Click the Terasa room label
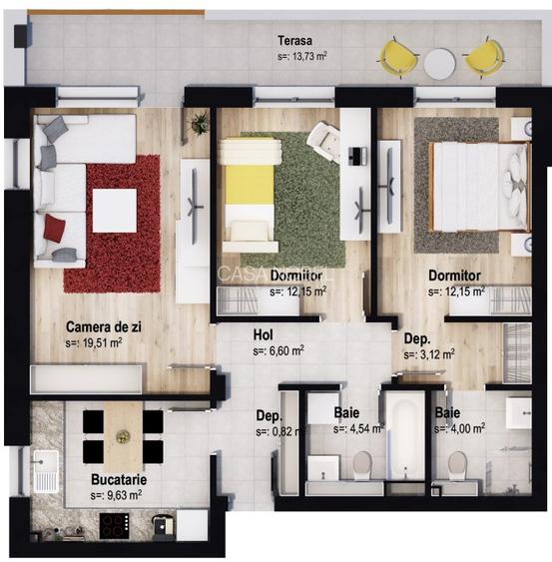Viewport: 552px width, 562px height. click(295, 41)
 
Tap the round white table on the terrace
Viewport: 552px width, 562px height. click(440, 64)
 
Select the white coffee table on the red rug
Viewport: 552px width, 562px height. click(115, 211)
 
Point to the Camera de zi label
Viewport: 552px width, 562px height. click(104, 326)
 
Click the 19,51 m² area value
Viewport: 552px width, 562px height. click(94, 343)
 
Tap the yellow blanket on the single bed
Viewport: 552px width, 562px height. click(250, 185)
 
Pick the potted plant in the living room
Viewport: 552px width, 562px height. click(199, 123)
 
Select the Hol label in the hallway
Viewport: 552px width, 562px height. click(263, 335)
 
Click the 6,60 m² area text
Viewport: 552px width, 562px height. click(278, 351)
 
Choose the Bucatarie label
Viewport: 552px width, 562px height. click(119, 479)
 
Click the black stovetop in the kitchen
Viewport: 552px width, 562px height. click(115, 526)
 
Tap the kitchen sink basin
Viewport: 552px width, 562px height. click(46, 461)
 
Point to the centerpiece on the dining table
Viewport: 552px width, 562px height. click(123, 436)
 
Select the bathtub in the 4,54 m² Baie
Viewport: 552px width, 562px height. click(405, 436)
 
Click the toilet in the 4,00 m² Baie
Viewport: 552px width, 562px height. click(458, 466)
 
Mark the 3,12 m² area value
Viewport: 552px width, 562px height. click(429, 354)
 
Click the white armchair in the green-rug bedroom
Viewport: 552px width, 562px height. click(324, 141)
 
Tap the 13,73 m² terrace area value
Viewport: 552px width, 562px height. click(302, 56)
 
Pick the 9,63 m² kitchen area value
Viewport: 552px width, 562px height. click(116, 495)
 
